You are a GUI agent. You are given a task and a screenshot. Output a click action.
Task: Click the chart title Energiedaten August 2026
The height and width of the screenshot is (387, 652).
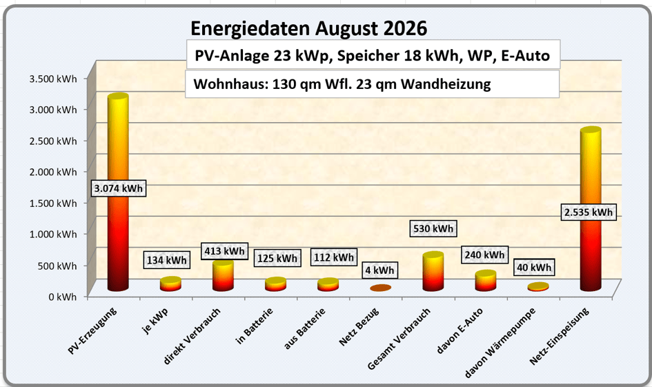tap(308, 28)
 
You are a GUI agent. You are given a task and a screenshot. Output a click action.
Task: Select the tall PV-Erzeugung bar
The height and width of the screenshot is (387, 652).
tap(118, 192)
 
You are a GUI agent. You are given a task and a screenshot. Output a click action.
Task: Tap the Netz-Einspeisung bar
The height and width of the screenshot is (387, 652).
tap(591, 208)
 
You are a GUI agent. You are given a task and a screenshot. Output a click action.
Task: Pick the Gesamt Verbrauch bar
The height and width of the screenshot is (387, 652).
tap(433, 271)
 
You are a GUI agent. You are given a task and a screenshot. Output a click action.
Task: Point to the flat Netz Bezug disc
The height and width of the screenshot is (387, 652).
tap(380, 288)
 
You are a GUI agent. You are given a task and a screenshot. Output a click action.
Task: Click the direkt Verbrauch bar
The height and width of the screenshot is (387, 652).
tap(223, 275)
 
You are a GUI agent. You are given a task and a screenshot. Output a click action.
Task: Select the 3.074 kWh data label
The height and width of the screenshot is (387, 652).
tap(119, 188)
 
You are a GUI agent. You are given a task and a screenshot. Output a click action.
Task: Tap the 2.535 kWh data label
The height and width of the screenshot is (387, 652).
tap(589, 212)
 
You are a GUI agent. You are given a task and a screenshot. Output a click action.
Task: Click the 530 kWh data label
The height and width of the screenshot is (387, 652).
tap(433, 228)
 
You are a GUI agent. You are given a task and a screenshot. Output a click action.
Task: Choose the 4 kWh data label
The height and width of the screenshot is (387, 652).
tap(379, 270)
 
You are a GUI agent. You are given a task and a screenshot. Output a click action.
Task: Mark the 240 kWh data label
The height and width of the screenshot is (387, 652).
tap(484, 255)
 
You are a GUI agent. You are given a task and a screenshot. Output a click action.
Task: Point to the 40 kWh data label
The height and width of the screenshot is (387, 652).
tap(534, 267)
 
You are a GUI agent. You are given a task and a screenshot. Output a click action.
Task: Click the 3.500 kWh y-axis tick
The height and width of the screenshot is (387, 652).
tap(53, 79)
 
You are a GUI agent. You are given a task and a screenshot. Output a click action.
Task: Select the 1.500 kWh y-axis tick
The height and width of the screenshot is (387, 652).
tap(53, 204)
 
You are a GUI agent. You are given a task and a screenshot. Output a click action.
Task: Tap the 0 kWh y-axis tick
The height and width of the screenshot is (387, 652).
tap(62, 297)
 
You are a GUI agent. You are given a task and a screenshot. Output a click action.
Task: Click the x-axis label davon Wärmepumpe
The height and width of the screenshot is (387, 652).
tap(500, 343)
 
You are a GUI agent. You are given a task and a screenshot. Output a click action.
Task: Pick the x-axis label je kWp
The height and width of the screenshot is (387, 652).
tap(155, 321)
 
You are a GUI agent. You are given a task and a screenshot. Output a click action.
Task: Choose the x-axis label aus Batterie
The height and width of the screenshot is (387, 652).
tap(304, 329)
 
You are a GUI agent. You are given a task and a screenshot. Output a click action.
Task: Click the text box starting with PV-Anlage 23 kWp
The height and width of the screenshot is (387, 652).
tap(373, 54)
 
